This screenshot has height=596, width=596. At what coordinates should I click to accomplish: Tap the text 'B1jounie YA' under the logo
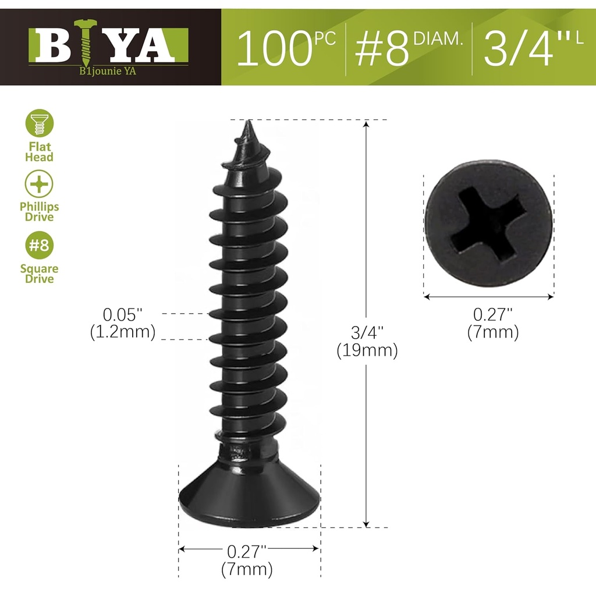[x=108, y=73]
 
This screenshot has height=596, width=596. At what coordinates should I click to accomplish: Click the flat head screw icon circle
[x=40, y=123]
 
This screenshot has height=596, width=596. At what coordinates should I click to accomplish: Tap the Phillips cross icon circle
[x=40, y=185]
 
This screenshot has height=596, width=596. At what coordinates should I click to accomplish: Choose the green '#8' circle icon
[x=40, y=245]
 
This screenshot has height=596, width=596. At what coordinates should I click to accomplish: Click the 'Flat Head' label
[x=40, y=152]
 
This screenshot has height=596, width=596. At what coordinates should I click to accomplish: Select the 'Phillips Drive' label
[x=40, y=212]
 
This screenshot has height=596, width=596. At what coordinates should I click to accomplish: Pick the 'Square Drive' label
[x=40, y=274]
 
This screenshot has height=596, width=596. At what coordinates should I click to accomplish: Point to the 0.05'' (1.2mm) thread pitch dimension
[x=122, y=324]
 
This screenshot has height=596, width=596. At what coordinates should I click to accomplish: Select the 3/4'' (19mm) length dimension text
[x=367, y=342]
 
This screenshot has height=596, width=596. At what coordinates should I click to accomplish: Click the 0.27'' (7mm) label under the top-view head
[x=492, y=324]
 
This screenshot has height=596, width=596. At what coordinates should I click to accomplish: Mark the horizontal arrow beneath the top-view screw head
[x=489, y=297]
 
